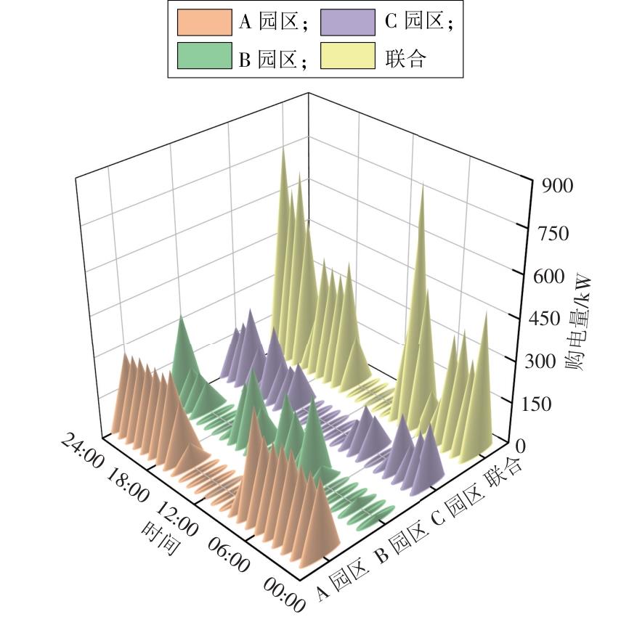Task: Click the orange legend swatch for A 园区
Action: tap(205, 23)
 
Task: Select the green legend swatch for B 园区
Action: tap(205, 57)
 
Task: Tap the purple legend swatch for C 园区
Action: tap(349, 23)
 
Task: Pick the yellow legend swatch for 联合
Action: tap(349, 57)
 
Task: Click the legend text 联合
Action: tap(405, 57)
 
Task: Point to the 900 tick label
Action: tap(558, 186)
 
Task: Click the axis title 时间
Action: tap(159, 537)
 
